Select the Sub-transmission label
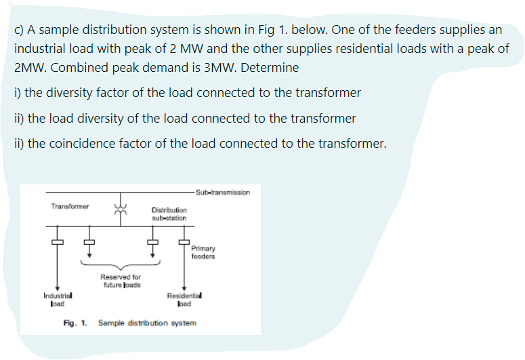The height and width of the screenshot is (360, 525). click(x=222, y=193)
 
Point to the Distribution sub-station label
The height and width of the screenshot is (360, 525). click(x=169, y=214)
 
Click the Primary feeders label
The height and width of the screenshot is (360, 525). click(x=203, y=252)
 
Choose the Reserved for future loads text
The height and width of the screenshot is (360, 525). click(x=121, y=281)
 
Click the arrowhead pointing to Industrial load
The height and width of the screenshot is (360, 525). click(x=58, y=289)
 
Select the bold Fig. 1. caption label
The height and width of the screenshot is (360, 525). click(x=75, y=323)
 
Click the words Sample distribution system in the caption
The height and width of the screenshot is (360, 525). click(x=147, y=323)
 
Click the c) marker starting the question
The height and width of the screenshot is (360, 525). click(x=18, y=31)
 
